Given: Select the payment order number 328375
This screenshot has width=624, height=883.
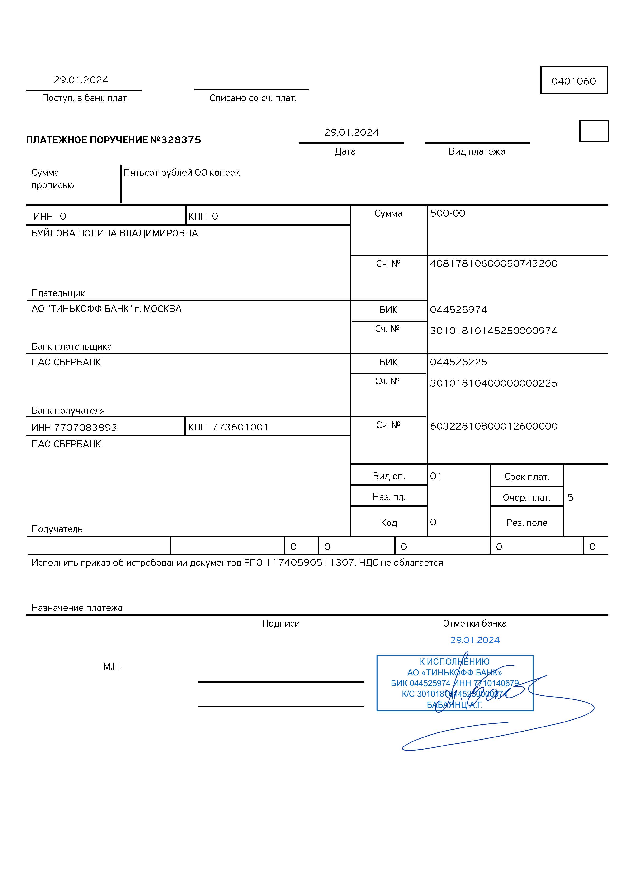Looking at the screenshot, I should point(181,140).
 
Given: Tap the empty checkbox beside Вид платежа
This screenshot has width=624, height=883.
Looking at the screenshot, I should point(594,131).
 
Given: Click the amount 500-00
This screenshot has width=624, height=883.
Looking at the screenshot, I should point(447,213).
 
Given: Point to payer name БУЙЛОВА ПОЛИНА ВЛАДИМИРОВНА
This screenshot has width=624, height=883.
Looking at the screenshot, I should point(115,233).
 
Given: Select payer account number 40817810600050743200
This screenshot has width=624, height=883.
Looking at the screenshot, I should point(494,264).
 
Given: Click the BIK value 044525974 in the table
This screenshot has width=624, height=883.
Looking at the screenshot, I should point(459,310).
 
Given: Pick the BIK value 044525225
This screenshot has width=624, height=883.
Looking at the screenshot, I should point(459,362).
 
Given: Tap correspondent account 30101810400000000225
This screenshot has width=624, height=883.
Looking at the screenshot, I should point(494,383).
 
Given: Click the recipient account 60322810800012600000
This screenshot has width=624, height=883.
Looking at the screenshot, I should point(494,426).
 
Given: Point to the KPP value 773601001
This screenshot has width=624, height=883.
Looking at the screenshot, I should point(240,427).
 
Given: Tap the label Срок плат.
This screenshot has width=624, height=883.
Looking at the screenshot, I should point(527,477).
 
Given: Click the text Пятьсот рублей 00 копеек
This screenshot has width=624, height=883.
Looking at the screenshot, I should point(182,173).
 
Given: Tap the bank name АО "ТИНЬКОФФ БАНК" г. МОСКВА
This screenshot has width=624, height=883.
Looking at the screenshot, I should point(107,309).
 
